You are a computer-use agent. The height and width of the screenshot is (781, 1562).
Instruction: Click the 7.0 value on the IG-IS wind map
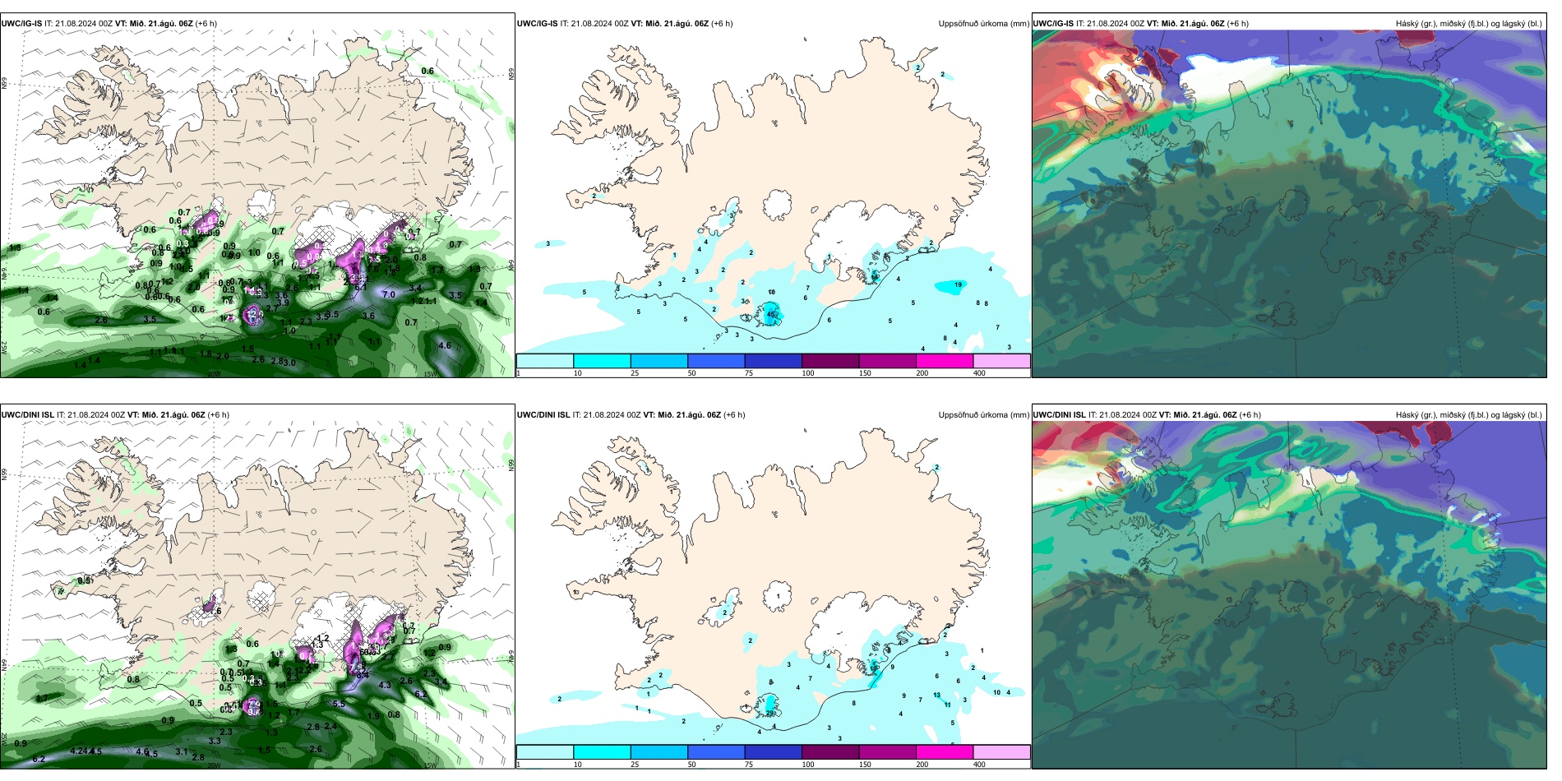click(x=389, y=294)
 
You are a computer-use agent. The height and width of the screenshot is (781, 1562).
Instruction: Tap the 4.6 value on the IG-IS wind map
click(x=445, y=346)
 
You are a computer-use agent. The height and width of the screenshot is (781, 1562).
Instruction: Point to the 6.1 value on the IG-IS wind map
click(x=360, y=287)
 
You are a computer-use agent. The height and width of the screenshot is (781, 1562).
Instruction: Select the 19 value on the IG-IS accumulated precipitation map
click(x=959, y=285)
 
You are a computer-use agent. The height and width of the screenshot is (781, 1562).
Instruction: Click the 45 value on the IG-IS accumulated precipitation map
click(x=771, y=314)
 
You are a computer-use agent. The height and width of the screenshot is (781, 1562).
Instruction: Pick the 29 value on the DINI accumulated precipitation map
click(x=770, y=714)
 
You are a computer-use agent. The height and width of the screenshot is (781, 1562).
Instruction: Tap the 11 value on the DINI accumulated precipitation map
click(x=948, y=705)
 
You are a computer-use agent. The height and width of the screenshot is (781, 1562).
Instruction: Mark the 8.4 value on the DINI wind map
click(x=362, y=675)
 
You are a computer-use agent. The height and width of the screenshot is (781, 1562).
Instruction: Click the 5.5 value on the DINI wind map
click(x=339, y=704)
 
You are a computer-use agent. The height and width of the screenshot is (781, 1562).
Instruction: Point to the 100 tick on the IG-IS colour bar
click(x=808, y=373)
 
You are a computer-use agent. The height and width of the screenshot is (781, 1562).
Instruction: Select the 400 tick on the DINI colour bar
click(x=979, y=765)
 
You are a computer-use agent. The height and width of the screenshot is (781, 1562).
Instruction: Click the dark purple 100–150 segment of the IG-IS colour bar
click(x=830, y=361)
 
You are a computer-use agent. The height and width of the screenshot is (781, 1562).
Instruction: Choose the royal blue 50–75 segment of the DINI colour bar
click(x=716, y=752)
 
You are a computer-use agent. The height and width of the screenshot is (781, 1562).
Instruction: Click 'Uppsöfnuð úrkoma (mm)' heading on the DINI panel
click(x=983, y=415)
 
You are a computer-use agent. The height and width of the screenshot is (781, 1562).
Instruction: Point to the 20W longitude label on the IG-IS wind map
click(x=214, y=374)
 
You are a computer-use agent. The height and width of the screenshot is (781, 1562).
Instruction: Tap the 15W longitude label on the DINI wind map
click(x=429, y=765)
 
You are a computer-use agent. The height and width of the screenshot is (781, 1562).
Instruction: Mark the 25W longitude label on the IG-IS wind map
click(x=4, y=348)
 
